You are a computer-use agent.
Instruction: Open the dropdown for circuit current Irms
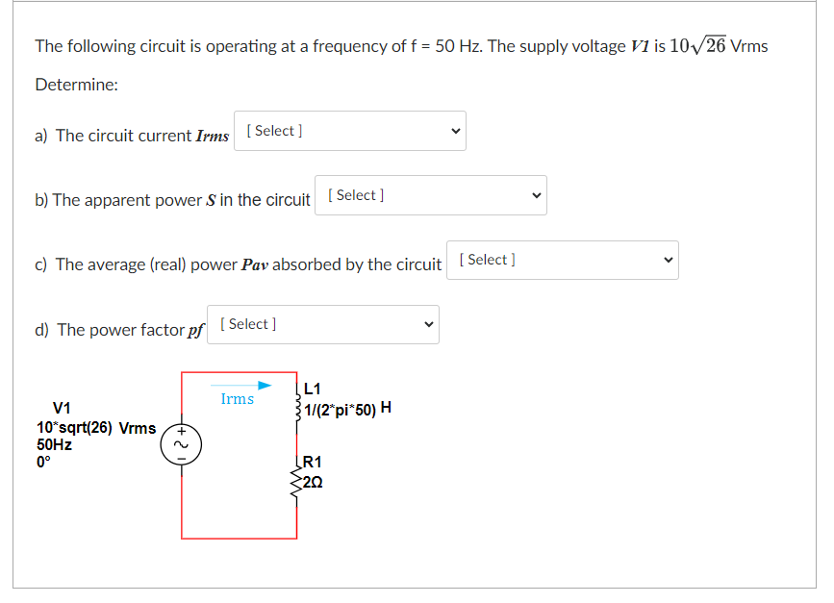350,131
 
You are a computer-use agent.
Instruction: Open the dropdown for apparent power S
431,195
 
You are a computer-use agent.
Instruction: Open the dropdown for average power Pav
563,260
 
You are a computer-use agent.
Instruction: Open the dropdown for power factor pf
323,324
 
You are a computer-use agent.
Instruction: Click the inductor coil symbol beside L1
298,401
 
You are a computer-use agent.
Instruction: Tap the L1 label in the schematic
312,389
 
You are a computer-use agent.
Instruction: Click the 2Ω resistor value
314,481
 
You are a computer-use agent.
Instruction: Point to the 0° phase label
43,462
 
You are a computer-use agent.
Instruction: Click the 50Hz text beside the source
54,444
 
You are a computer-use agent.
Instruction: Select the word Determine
77,85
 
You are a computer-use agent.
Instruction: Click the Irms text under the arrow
238,399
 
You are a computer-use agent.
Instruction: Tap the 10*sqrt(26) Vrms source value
96,427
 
